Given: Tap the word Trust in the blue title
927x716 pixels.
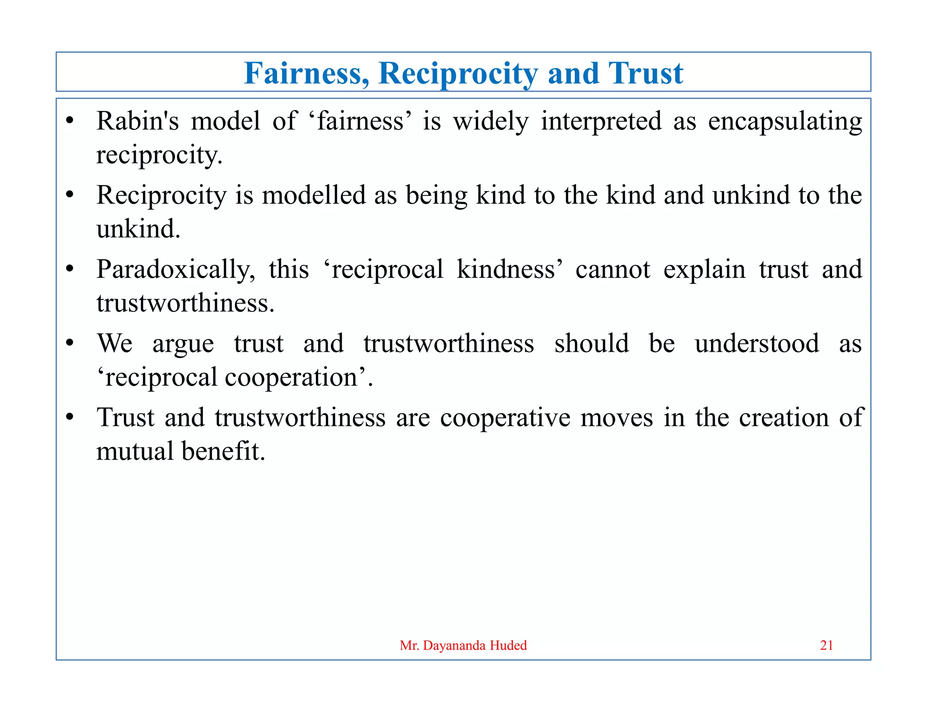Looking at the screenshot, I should [x=645, y=73].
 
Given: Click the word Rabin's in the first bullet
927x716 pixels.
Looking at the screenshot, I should [x=137, y=121].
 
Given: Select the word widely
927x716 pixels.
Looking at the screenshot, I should [x=491, y=121].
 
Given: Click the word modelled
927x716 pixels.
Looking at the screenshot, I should [x=314, y=196].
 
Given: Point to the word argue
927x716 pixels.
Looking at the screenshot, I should [x=183, y=344].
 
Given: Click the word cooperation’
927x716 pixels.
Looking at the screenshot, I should [x=299, y=377].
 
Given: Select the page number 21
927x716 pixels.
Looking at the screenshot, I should [x=827, y=645].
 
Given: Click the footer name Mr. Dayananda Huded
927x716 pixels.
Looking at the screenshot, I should [x=463, y=645].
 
